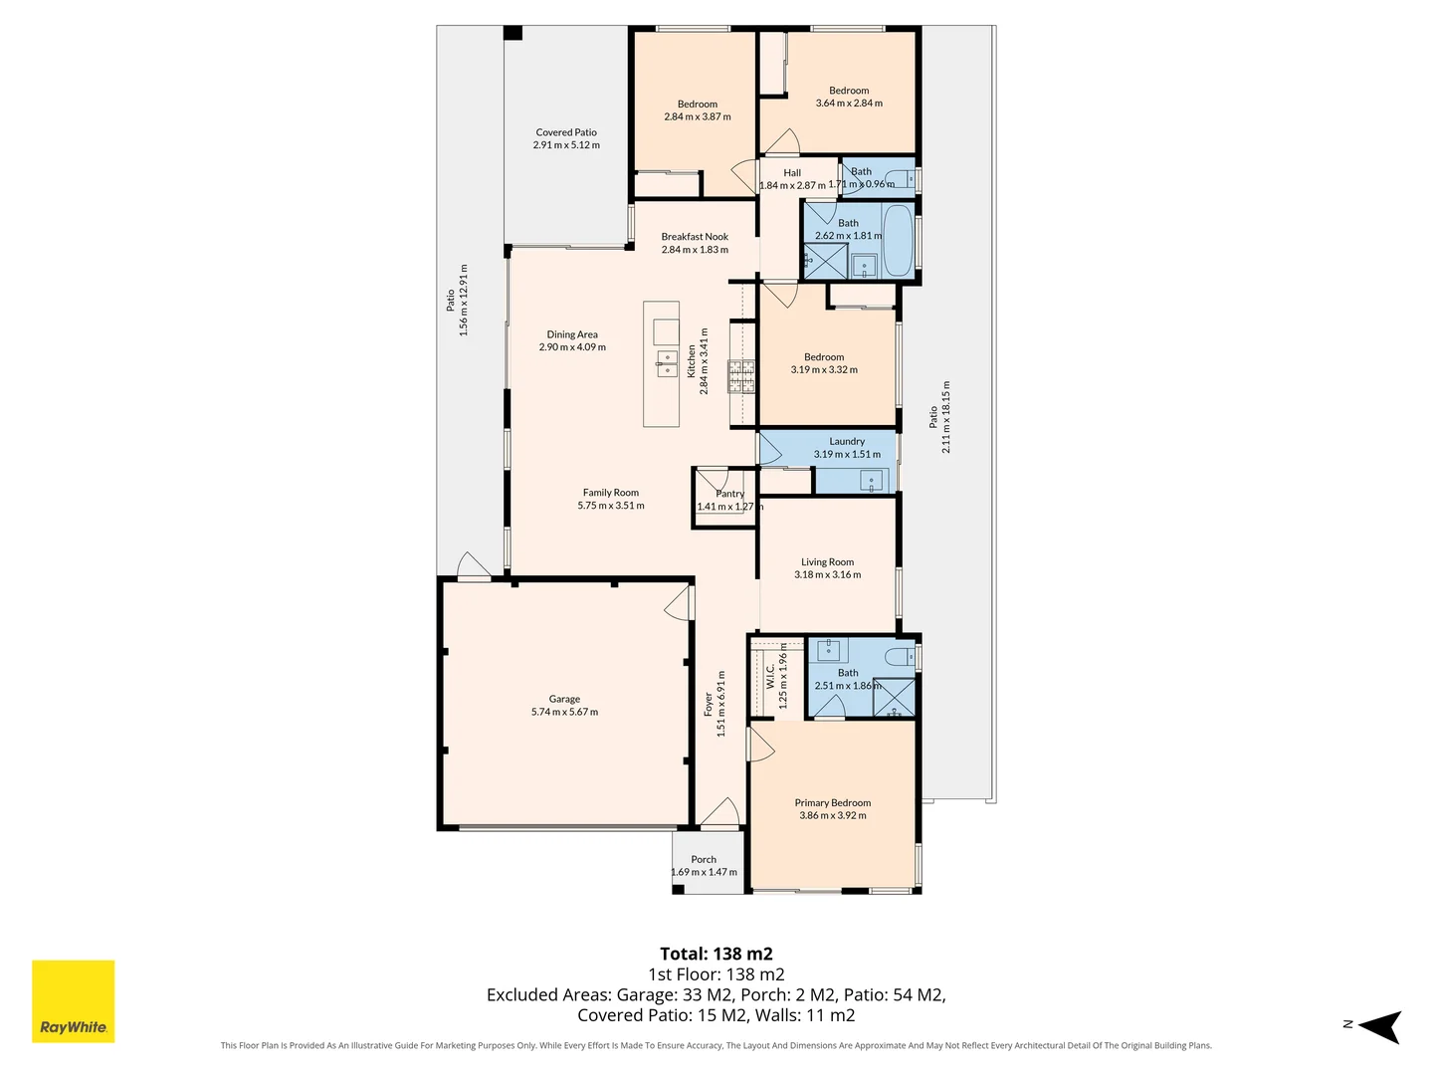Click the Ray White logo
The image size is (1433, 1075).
click(73, 1000)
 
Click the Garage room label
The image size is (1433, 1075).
click(564, 699)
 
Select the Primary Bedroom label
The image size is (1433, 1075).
click(832, 803)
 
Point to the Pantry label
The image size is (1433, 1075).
click(729, 494)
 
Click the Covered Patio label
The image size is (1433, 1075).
click(566, 132)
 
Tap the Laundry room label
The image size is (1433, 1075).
click(847, 442)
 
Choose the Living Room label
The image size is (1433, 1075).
click(827, 562)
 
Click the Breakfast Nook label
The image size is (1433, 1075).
click(695, 237)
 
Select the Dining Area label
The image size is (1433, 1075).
click(572, 334)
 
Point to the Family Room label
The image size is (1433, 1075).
click(610, 493)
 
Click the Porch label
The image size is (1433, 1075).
click(704, 860)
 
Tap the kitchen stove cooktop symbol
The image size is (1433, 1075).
click(741, 376)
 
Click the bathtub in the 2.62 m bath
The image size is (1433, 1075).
click(899, 241)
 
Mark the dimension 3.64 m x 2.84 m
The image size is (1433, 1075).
click(849, 104)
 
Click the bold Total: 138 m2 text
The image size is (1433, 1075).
click(716, 955)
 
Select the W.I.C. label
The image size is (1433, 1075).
click(770, 676)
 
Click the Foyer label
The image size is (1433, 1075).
click(709, 705)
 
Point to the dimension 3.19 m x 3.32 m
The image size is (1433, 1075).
click(824, 370)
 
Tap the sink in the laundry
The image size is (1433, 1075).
click(872, 483)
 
